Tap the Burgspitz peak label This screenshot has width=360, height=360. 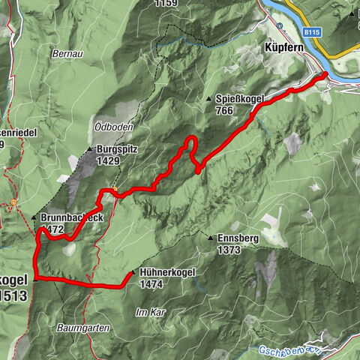point(118,150)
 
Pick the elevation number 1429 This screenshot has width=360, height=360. point(108,161)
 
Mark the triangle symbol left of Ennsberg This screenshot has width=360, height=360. point(211,238)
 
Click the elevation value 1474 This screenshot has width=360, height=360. point(151,285)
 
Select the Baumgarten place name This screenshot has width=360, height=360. point(82,328)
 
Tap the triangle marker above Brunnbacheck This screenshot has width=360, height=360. point(34,217)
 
